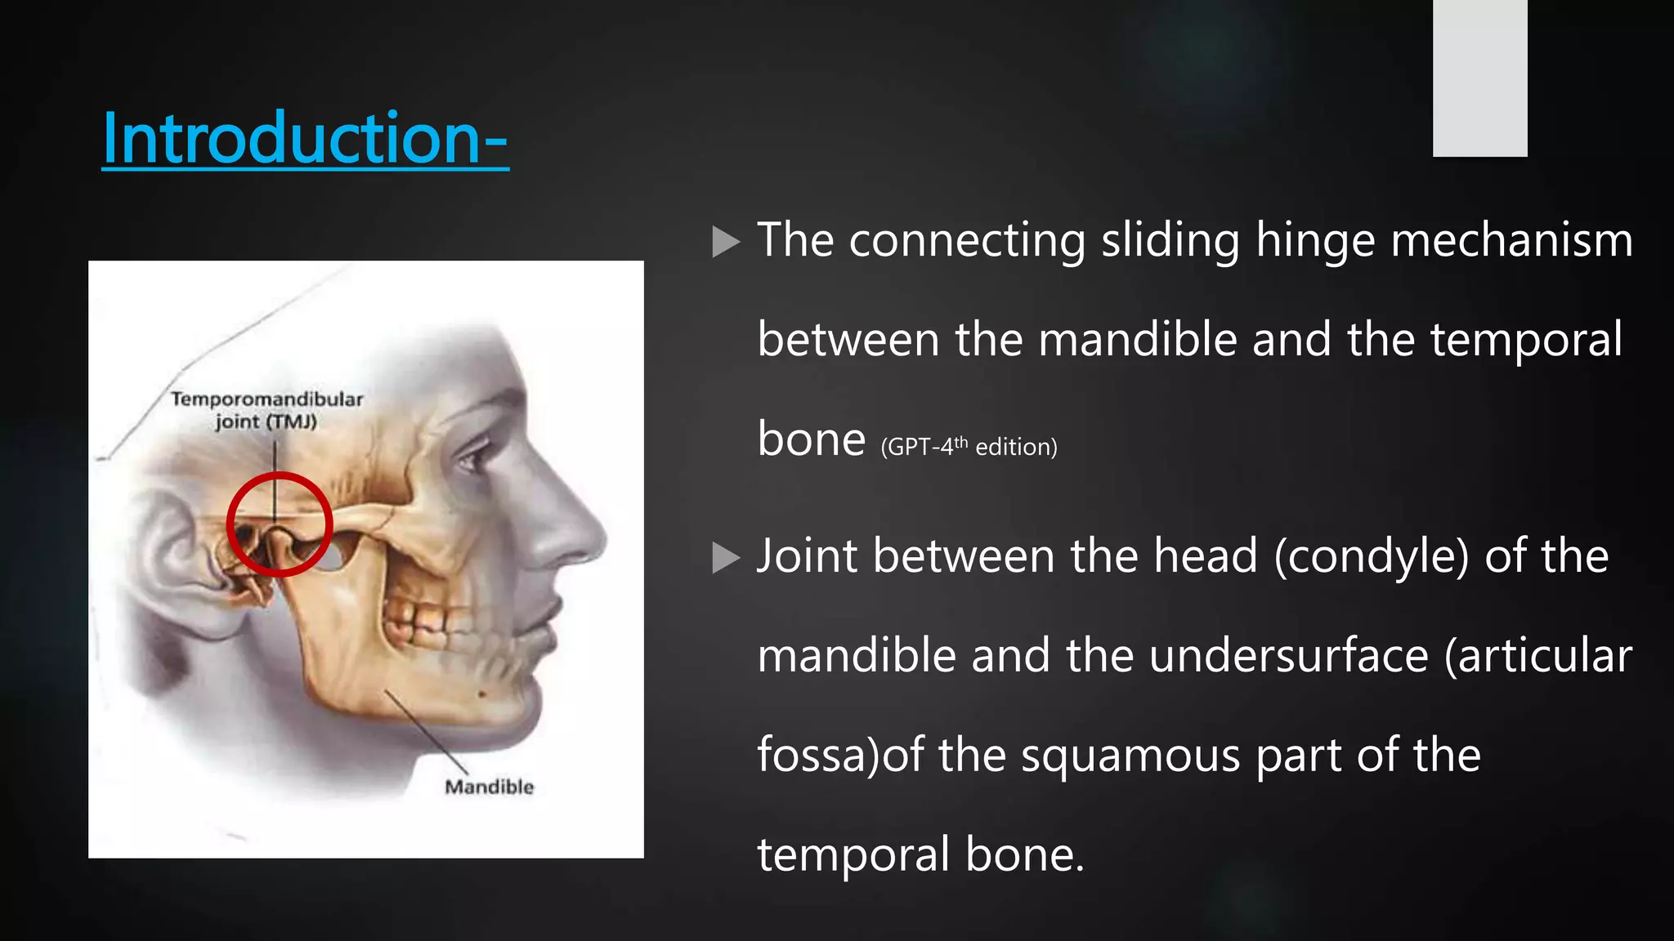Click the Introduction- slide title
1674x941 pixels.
coord(305,138)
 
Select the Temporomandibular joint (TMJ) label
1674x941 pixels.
coord(266,410)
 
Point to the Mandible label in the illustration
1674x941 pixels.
coord(489,787)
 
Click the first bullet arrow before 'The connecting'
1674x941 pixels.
coord(725,242)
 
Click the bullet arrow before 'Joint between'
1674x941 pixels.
coord(725,558)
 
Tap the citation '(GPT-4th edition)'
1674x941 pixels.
coord(969,447)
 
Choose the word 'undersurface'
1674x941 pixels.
coord(1288,656)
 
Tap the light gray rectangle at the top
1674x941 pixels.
coord(1479,78)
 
